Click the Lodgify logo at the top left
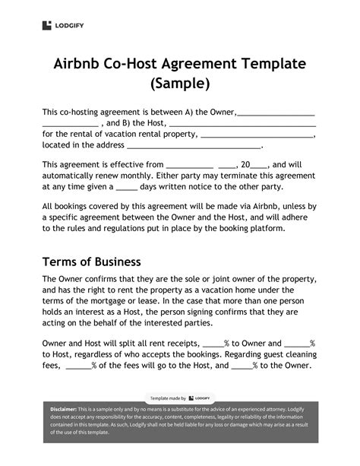coord(59,25)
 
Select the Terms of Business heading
coord(91,262)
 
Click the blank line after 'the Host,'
coord(242,123)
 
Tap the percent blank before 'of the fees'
coord(78,366)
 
